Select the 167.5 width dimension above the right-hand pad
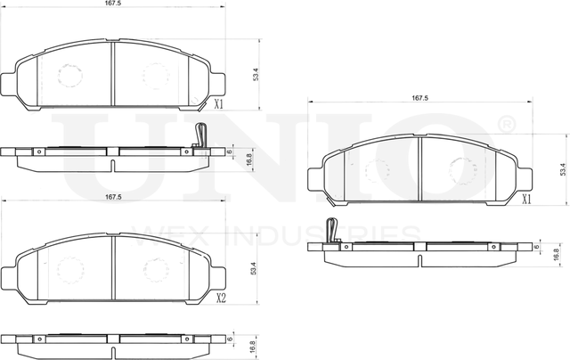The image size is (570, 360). (419, 98)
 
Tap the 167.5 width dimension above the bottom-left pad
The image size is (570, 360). (112, 196)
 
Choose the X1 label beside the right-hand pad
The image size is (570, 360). (526, 200)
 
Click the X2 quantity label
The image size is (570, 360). (221, 298)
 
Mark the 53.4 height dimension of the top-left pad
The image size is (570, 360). (256, 74)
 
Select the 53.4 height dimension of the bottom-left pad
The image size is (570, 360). (255, 266)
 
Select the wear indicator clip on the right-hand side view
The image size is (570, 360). (331, 230)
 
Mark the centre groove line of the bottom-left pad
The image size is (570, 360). (112, 266)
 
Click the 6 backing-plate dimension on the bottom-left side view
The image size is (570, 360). (230, 339)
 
